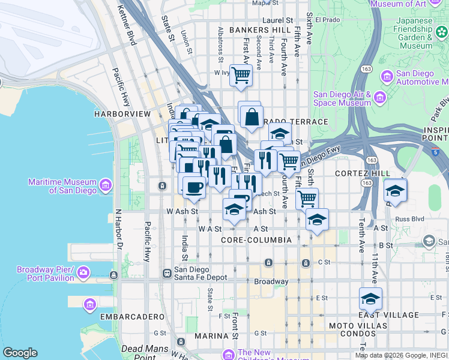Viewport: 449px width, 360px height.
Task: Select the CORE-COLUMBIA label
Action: click(256, 240)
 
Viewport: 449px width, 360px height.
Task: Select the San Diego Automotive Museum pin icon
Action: click(386, 76)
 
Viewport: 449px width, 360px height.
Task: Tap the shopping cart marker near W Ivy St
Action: click(241, 76)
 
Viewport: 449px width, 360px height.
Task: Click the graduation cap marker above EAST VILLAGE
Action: click(371, 298)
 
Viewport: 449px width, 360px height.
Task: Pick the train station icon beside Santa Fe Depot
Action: click(167, 273)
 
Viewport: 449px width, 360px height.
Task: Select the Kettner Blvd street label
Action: click(126, 25)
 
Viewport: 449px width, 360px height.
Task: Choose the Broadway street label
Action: click(271, 281)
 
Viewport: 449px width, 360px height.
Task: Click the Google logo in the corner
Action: click(20, 353)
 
